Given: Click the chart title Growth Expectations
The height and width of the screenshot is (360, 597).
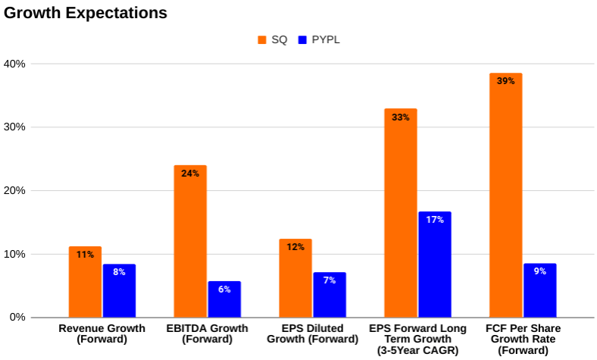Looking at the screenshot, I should (85, 13).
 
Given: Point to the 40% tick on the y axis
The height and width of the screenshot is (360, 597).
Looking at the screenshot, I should (14, 64).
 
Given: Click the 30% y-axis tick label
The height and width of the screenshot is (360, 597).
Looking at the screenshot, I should (14, 127).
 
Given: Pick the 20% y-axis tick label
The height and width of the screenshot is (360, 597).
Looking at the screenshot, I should (14, 191).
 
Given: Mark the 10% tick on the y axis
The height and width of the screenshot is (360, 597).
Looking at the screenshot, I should (14, 254).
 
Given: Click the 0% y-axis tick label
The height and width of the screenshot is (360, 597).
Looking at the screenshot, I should (17, 317).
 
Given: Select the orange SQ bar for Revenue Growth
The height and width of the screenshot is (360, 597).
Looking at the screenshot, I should (85, 282).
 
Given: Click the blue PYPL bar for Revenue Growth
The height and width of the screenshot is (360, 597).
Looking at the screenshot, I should (119, 291).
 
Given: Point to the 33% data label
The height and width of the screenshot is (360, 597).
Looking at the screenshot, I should (401, 117).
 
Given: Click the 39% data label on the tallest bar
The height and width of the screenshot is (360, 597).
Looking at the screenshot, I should (505, 81).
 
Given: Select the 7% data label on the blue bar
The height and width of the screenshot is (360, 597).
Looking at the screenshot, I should (330, 280).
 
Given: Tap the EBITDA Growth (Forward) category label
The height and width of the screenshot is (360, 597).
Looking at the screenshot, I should (207, 333).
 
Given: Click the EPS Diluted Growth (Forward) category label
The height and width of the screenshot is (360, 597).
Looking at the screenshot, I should (312, 333).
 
